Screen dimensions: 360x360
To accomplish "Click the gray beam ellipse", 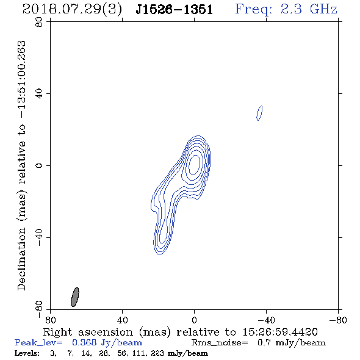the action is pos(75,297).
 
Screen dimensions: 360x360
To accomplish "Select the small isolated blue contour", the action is pos(259,113).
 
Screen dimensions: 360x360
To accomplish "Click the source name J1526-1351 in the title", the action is pos(175,9).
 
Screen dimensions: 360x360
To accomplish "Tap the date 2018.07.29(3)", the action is pos(72,10).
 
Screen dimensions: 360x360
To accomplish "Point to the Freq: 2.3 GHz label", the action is pos(286,9).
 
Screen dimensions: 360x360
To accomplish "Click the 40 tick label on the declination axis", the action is pos(39,93).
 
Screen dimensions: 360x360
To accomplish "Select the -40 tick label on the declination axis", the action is pos(39,237).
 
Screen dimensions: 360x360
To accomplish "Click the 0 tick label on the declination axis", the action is pos(39,165).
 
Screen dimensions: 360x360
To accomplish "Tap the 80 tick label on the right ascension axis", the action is pos(50,320).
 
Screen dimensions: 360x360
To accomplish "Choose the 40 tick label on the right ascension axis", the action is pos(122,320).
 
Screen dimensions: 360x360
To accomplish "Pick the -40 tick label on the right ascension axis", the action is pos(266,320).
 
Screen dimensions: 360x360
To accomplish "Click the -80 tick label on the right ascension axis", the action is pos(338,320).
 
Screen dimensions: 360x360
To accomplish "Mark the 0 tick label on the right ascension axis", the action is pos(194,320).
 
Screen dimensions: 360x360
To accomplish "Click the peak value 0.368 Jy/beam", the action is pos(107,343).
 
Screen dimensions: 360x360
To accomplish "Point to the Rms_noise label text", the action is pos(220,343).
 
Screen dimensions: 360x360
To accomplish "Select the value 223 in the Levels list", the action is pos(159,353).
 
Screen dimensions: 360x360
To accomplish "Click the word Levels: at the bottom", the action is pos(27,353).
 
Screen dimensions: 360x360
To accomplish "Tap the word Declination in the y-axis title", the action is pos(21,259).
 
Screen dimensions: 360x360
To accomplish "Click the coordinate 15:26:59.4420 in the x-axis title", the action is pos(280,332).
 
